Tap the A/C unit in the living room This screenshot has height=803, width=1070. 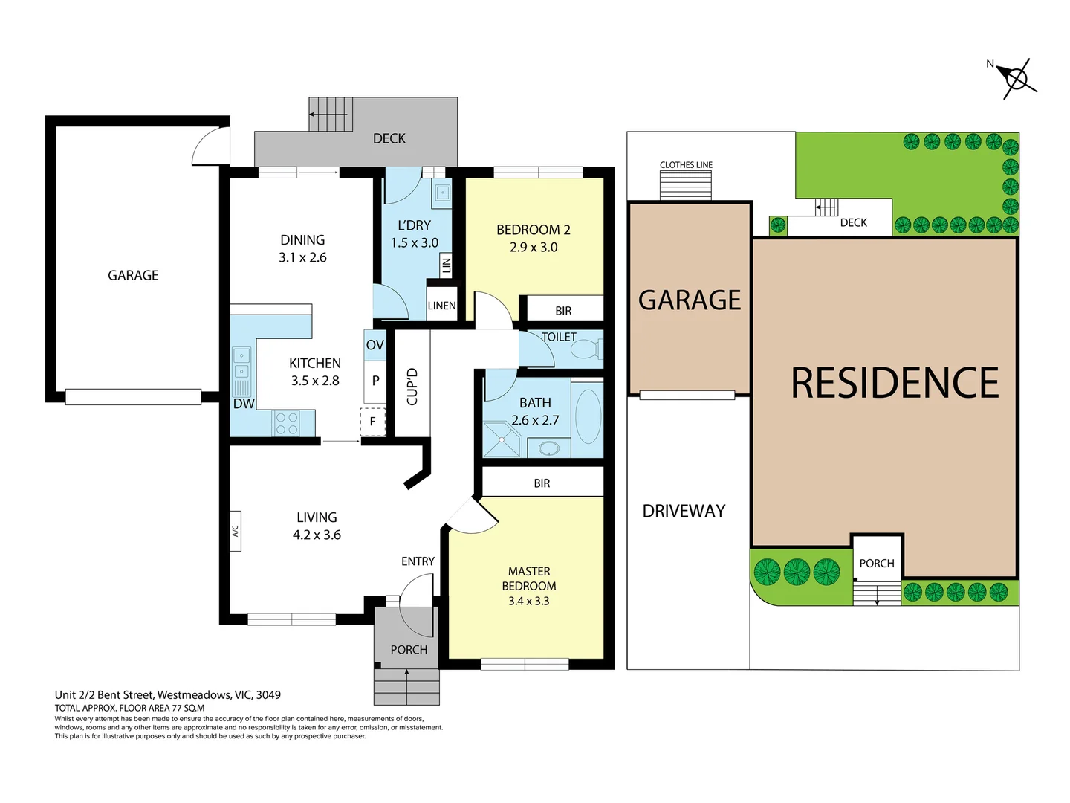pos(235,532)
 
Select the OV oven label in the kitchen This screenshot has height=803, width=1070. pos(374,345)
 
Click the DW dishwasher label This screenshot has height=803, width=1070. pos(243,404)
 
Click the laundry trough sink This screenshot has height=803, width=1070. pos(443,193)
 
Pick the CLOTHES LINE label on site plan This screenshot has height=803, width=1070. pos(686,165)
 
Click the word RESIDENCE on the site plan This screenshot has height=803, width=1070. pos(894,384)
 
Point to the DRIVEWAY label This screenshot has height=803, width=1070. pos(684,512)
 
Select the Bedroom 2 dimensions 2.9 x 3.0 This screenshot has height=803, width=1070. pos(534,248)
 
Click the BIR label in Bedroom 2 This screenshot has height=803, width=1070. pos(563,311)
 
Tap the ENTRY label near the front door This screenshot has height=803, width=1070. pos(418,561)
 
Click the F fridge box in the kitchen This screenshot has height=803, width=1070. pos(373,422)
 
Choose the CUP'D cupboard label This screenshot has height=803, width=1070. pos(412,387)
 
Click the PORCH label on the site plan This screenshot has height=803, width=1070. pos(877,564)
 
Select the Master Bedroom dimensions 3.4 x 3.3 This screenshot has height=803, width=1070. pos(528,601)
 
